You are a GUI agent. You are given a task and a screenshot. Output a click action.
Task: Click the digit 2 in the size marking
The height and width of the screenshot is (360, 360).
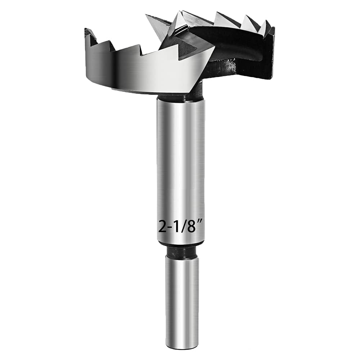coord(162,227)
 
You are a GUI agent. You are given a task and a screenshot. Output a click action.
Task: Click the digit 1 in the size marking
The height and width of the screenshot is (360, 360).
coord(175,227)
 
